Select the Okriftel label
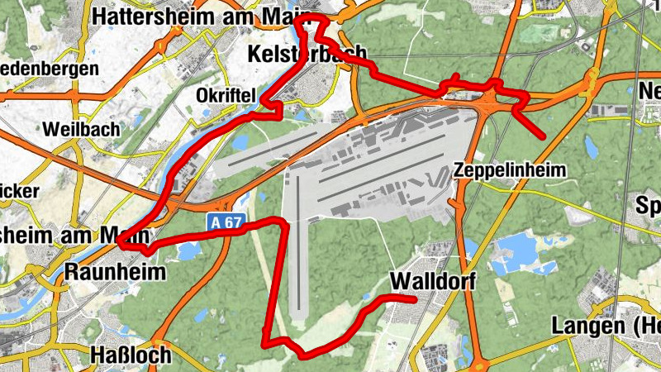tap(225, 95)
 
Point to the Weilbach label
tap(82, 130)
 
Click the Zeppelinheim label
tap(510, 171)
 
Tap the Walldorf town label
tap(434, 281)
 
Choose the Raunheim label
tap(115, 272)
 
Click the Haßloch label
tap(131, 355)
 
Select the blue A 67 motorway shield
tap(217, 222)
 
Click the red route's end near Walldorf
tap(414, 299)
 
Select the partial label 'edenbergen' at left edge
tap(49, 69)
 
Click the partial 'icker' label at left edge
tap(18, 192)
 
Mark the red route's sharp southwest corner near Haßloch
tap(264, 341)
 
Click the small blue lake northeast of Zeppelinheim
tap(592, 147)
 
